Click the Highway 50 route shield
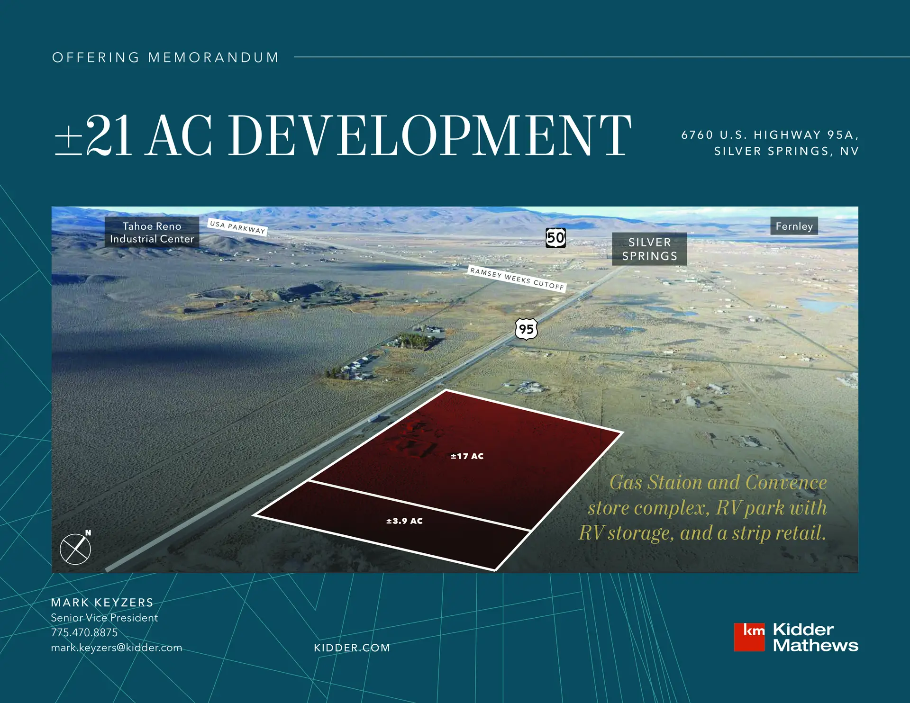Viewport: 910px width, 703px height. [555, 238]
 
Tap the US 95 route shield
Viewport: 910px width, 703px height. [526, 329]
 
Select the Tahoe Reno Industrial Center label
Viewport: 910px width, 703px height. [152, 233]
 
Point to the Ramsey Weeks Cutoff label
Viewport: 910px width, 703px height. [517, 279]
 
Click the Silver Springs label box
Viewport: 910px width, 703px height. [649, 249]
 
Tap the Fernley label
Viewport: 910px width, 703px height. [794, 226]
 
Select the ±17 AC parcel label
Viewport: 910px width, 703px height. [467, 456]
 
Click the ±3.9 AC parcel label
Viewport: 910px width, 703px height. [404, 521]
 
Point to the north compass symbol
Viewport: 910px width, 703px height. [75, 549]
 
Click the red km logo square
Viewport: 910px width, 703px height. [749, 637]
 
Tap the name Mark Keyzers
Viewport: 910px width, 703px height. [102, 603]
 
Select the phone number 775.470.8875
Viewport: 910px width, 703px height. [84, 632]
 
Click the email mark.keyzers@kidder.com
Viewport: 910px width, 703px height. [117, 648]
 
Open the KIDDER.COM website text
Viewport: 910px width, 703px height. [352, 648]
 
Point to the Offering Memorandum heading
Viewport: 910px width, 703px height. [165, 58]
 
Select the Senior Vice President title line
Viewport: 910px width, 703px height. [104, 618]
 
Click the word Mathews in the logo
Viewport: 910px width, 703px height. [816, 645]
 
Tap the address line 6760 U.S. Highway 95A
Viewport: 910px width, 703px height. [770, 135]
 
